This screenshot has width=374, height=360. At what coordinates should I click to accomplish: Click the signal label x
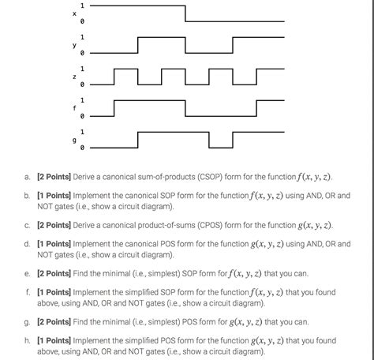tap(74, 14)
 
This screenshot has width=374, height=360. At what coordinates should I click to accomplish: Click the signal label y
tap(74, 46)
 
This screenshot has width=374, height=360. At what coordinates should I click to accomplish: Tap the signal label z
tap(74, 77)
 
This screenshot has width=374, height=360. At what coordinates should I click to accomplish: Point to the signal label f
tap(74, 108)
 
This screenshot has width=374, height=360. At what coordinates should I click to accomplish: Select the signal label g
tap(74, 140)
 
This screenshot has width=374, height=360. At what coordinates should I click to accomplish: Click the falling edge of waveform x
tap(185, 14)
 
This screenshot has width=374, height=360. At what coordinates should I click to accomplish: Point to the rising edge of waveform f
tap(114, 108)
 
